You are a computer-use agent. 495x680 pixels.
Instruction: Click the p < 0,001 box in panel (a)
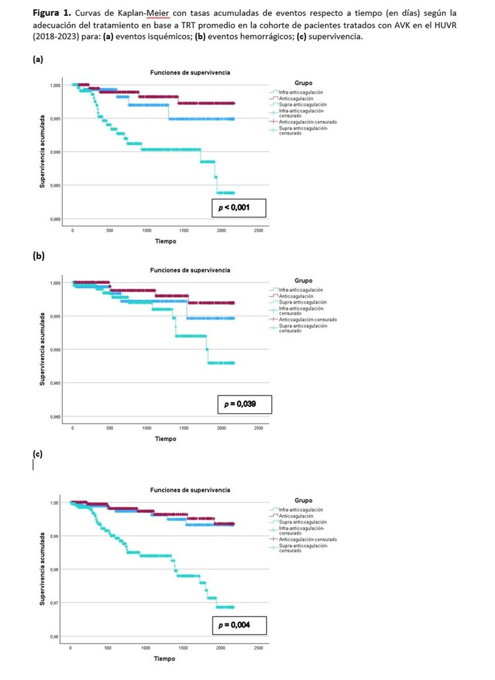point(234,209)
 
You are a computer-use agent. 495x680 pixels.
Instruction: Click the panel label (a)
point(38,59)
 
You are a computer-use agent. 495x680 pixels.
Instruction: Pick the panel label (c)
point(38,454)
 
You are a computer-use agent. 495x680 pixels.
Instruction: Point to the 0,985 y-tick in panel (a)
point(56,186)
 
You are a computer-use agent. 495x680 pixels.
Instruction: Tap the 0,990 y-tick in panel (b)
point(56,350)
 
